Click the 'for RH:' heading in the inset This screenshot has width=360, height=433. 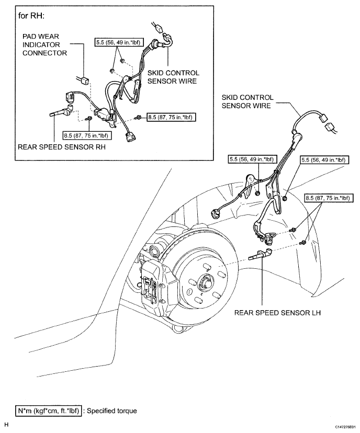pyautogui.click(x=31, y=16)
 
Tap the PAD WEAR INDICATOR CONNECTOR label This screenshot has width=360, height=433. pyautogui.click(x=44, y=45)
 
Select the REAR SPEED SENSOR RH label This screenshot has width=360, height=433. pyautogui.click(x=62, y=147)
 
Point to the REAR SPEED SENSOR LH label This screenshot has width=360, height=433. pyautogui.click(x=277, y=313)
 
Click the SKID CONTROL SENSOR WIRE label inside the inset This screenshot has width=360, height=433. pyautogui.click(x=173, y=77)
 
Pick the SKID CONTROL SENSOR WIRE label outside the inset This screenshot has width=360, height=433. pyautogui.click(x=248, y=101)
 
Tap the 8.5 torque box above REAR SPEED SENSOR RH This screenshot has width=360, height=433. pyautogui.click(x=86, y=135)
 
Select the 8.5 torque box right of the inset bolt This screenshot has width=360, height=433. pyautogui.click(x=170, y=117)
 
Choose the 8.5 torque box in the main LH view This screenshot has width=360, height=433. pyautogui.click(x=329, y=198)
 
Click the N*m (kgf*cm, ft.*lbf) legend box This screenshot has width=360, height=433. pyautogui.click(x=49, y=411)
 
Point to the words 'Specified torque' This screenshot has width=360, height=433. pyautogui.click(x=112, y=411)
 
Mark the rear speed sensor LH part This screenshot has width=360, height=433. pyautogui.click(x=260, y=254)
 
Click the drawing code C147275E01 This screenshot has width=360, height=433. pyautogui.click(x=346, y=427)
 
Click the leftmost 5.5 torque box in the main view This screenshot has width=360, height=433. pyautogui.click(x=251, y=159)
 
